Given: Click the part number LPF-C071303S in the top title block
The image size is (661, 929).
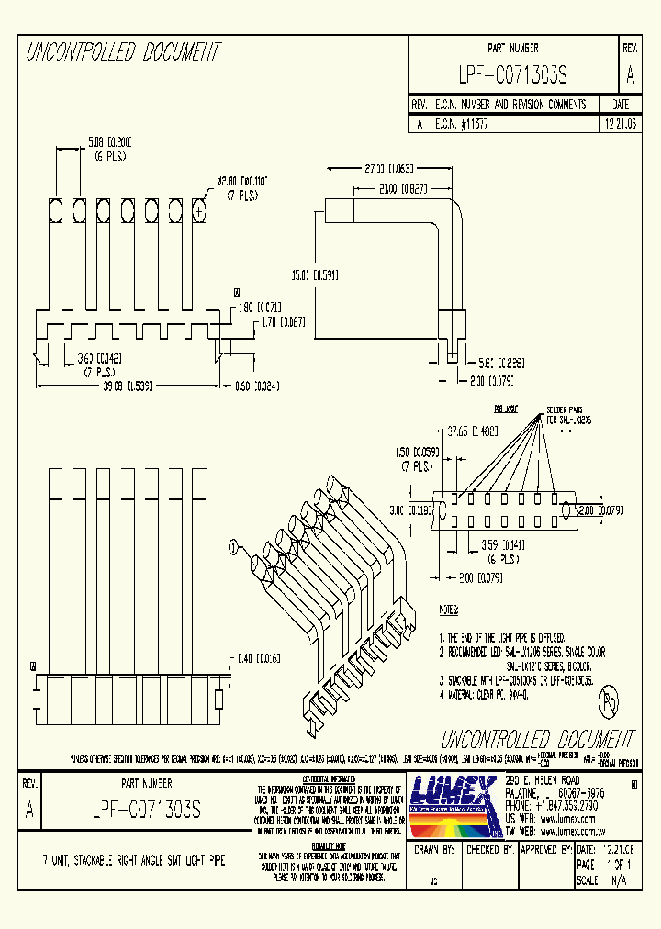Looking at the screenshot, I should pos(512,75).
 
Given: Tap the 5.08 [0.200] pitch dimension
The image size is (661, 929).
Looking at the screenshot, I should pos(110,141).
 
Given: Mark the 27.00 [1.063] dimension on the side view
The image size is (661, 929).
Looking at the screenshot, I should pos(388,169).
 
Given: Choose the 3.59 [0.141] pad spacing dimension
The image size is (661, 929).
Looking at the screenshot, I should pos(503,544).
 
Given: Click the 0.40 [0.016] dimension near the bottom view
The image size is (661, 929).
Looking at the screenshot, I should pos(257,658).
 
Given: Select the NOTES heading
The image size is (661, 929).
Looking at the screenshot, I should pos(449,609).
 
